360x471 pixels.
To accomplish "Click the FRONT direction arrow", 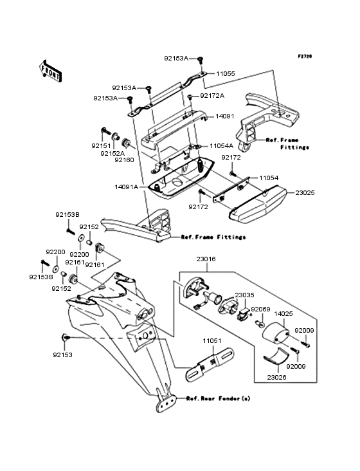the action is (x=50, y=71).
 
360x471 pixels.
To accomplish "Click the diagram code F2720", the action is (x=305, y=56).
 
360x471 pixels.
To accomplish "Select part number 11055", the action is (x=226, y=73).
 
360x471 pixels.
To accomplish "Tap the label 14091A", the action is (x=126, y=187).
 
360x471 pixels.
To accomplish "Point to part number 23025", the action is (x=305, y=192).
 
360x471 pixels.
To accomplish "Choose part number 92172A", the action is (x=212, y=95).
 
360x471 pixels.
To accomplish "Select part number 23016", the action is (x=206, y=259).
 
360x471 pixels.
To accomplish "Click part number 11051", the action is (x=212, y=341).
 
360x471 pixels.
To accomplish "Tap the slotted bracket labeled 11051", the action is (x=210, y=365).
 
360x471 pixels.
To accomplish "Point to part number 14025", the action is (x=283, y=314).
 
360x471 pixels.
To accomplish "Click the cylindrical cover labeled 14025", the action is (x=276, y=333).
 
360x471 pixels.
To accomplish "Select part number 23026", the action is (x=276, y=377).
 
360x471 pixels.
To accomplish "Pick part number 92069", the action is (x=260, y=309).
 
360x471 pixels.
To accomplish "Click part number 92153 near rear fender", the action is (x=63, y=355).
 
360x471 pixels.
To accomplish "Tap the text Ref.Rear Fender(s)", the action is (x=218, y=398).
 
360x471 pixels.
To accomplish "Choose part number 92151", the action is (x=101, y=145).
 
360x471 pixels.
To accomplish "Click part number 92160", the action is (x=124, y=160).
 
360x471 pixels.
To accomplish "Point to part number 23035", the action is (x=244, y=295).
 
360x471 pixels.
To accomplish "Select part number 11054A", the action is (x=221, y=146).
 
